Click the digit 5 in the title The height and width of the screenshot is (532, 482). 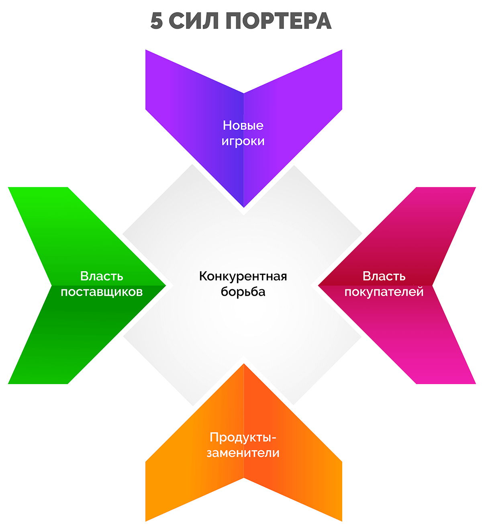[x=157, y=21]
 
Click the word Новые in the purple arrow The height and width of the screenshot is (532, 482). [x=243, y=125]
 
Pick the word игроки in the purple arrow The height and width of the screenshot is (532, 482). [x=243, y=141]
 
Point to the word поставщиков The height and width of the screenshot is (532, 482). [x=102, y=292]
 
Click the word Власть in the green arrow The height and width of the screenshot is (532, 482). [x=102, y=276]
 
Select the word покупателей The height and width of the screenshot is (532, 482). [x=384, y=292]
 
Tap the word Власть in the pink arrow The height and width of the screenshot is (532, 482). [x=384, y=276]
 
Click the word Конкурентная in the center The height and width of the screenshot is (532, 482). [x=243, y=276]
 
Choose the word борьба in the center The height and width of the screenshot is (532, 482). [x=243, y=292]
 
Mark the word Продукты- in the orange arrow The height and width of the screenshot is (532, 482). [x=243, y=437]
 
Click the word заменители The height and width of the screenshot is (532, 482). [x=243, y=453]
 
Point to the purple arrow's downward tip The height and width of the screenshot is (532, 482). [x=244, y=206]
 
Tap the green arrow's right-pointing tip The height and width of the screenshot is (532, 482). [x=165, y=286]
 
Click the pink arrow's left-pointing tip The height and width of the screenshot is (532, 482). [x=319, y=286]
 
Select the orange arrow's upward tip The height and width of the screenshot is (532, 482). [x=244, y=365]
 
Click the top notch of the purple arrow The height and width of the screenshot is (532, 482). [x=244, y=94]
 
